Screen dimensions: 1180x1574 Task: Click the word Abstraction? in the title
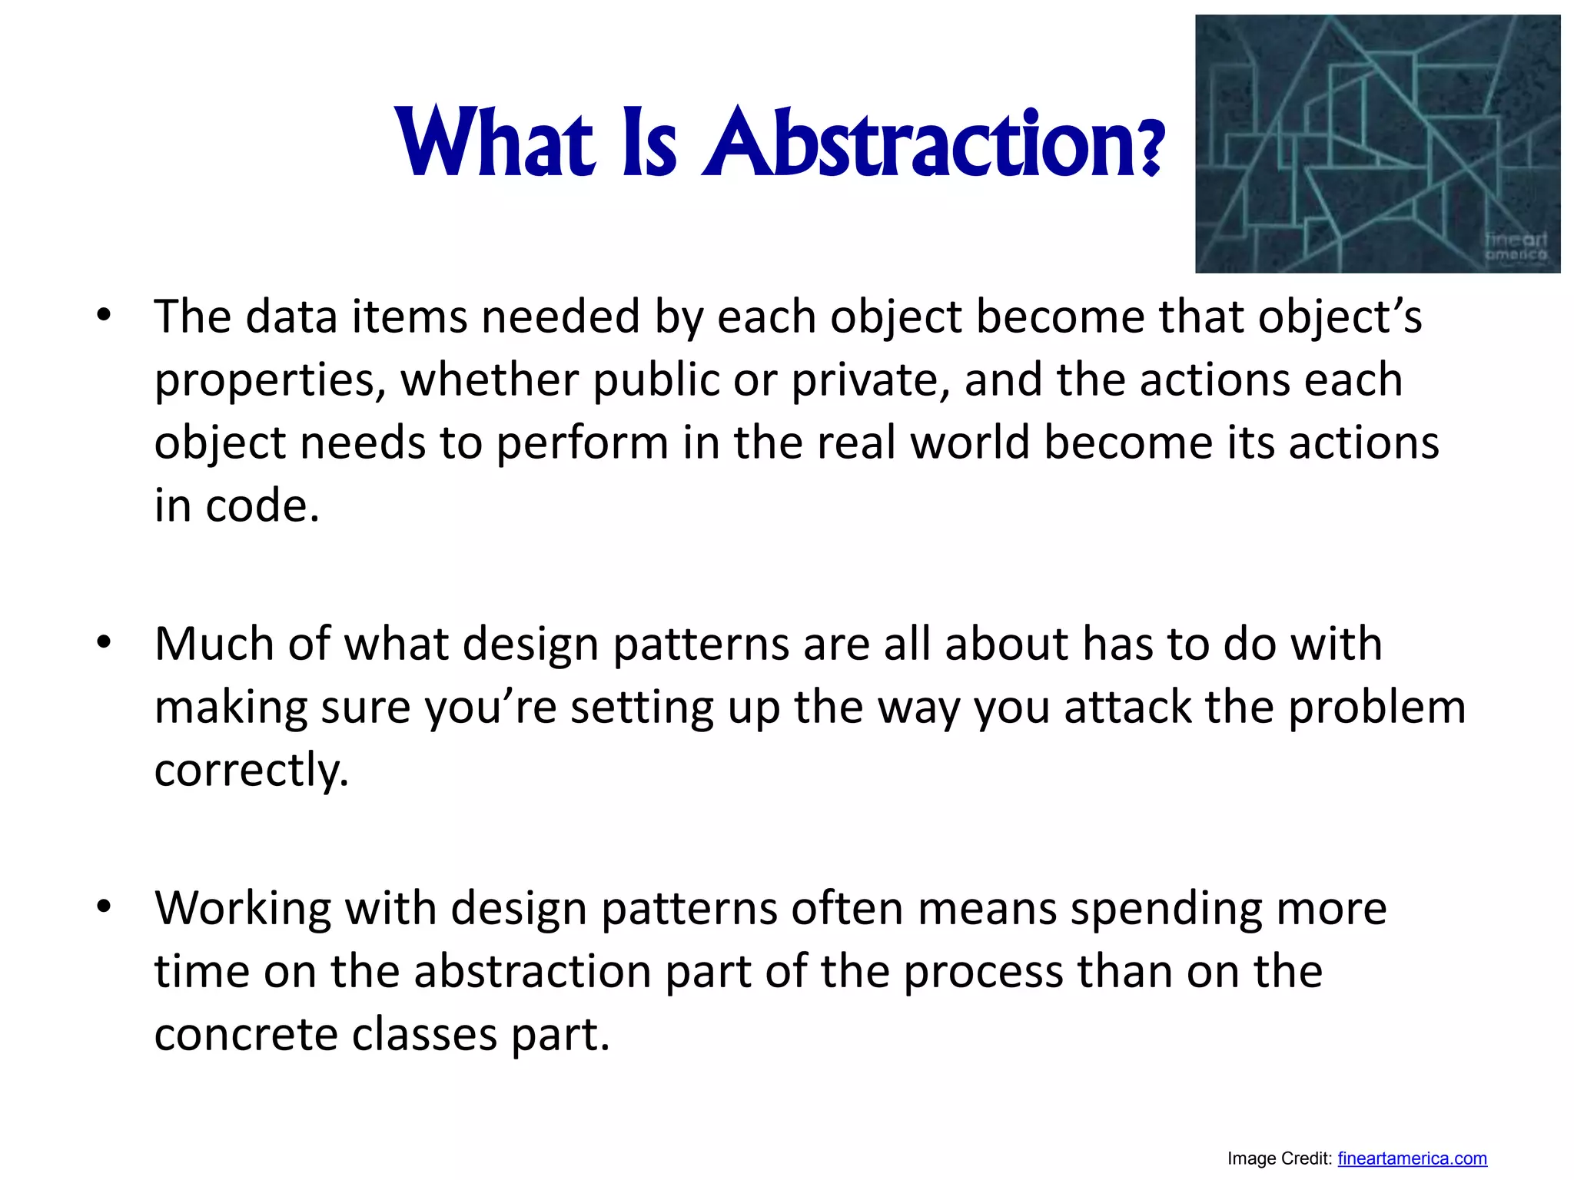coord(934,142)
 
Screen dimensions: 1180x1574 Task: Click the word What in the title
coord(496,142)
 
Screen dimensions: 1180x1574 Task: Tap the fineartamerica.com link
coord(1412,1158)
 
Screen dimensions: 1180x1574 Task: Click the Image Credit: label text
coord(1279,1158)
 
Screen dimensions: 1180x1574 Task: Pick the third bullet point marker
coord(104,907)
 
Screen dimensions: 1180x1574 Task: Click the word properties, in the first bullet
coord(270,380)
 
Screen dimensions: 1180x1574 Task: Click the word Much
coord(214,644)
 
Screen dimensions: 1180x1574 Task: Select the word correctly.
coord(251,771)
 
